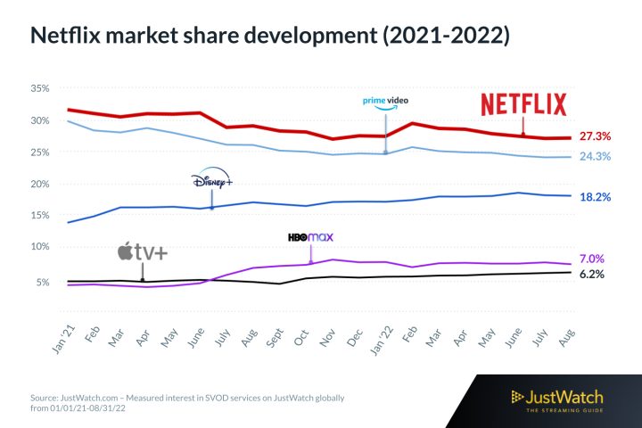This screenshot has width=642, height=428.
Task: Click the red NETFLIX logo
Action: coord(523,104)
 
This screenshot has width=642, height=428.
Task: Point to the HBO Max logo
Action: coord(309,238)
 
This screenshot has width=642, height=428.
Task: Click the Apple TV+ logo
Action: coord(142,252)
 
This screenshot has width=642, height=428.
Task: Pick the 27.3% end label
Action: coord(595,136)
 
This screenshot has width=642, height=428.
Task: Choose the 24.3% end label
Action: coord(595,157)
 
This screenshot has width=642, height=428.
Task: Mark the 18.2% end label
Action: coord(595,196)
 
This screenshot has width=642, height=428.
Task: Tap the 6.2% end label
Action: coord(592,274)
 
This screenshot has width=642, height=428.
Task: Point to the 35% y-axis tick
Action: coord(39,89)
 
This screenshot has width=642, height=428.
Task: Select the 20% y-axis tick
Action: coord(39,184)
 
